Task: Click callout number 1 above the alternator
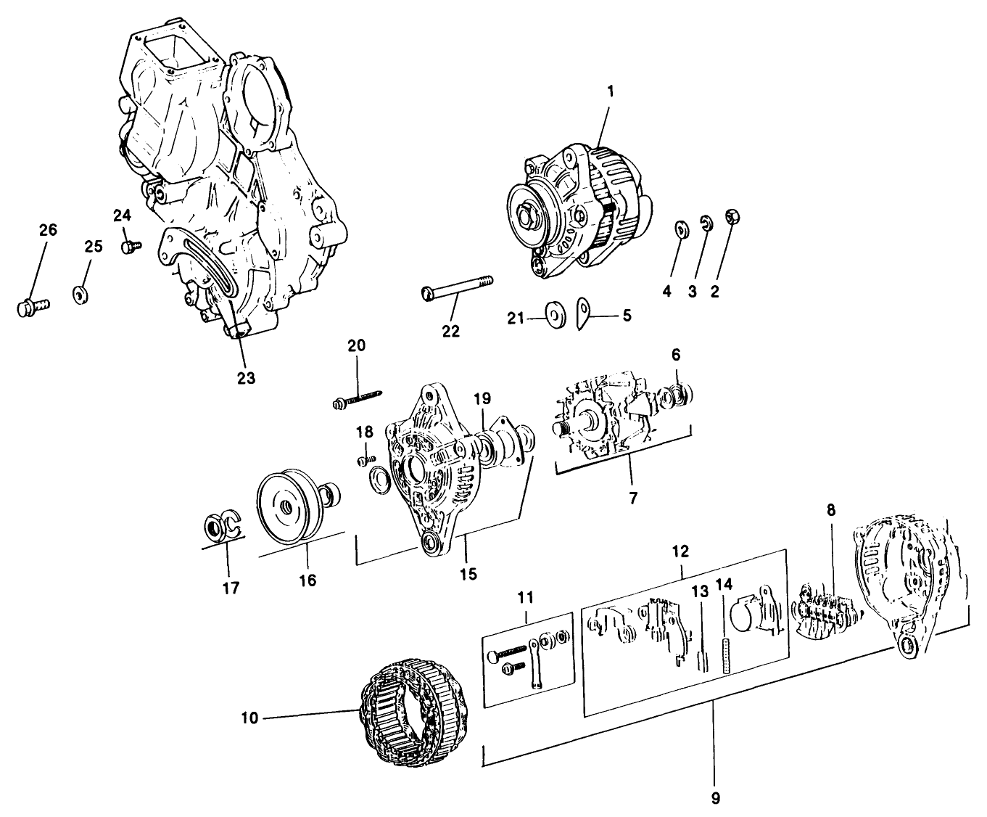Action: tap(610, 92)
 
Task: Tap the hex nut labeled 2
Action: tap(731, 217)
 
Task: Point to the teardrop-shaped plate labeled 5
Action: tap(585, 313)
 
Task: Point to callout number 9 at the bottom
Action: tap(715, 799)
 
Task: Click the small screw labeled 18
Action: tap(366, 459)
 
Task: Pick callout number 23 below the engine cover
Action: tap(246, 378)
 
